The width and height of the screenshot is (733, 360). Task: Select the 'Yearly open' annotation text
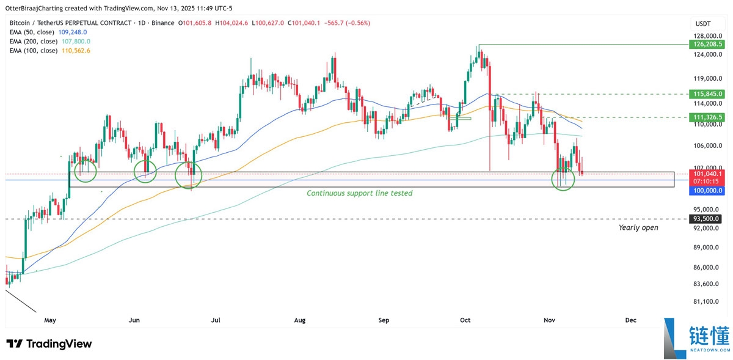coord(638,227)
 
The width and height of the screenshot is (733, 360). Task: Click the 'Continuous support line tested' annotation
coord(359,193)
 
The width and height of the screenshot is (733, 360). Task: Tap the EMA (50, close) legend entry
coord(48,32)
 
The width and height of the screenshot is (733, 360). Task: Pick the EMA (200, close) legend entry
coord(49,41)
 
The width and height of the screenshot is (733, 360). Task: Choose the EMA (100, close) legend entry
coord(49,50)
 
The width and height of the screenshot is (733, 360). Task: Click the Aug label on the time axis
coord(299,320)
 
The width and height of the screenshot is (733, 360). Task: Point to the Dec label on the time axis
coord(630,320)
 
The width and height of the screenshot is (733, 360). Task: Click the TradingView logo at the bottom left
coord(49,343)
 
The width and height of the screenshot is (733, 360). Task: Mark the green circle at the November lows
coord(563,179)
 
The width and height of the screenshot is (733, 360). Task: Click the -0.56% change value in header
coord(359,23)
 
